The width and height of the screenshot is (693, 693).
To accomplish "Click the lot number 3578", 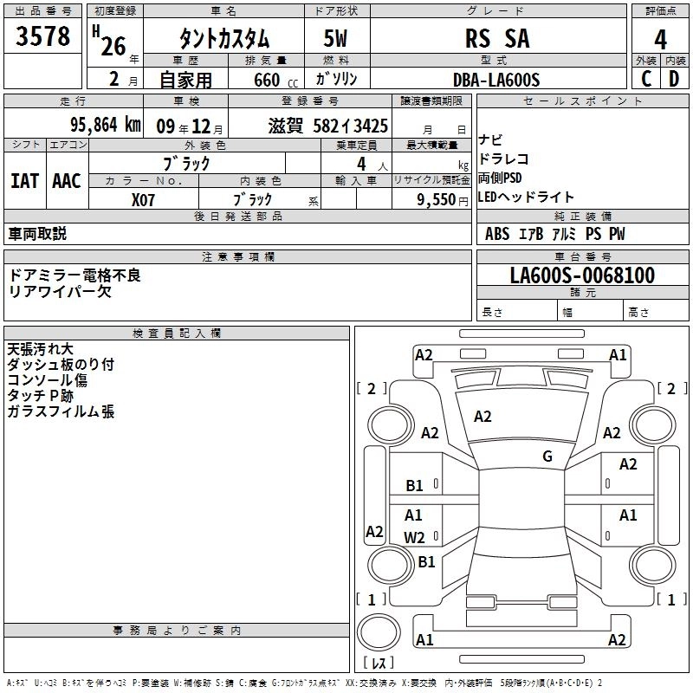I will (x=43, y=36).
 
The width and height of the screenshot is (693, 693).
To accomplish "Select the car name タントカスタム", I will (x=223, y=39).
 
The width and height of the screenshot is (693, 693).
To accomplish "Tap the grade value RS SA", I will (x=496, y=39).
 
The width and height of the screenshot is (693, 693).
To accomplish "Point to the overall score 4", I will (x=661, y=39).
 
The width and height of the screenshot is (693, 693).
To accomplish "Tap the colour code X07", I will (x=143, y=198).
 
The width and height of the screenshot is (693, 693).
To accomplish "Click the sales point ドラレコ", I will (x=502, y=159).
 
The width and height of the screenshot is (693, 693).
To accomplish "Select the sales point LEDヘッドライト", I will (x=526, y=198).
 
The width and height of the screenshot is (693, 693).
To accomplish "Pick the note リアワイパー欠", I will (x=60, y=291).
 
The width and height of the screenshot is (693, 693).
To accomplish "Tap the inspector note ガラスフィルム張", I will (x=61, y=411).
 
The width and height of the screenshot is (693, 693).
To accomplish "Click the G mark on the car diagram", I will (x=547, y=457).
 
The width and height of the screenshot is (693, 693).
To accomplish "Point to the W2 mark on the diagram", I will (x=415, y=537).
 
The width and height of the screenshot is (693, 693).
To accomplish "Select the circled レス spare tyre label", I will (x=379, y=663).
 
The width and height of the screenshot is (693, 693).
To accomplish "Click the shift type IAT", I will (x=24, y=180).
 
